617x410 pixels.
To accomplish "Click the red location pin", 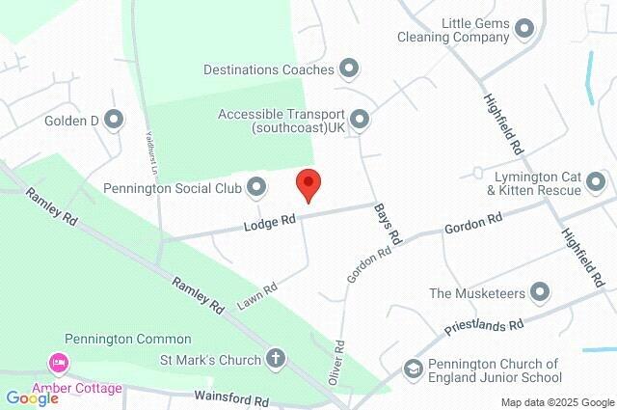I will coord(308,183).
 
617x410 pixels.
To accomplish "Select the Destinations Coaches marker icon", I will coord(349,68).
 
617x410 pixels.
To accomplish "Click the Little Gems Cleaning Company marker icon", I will coord(524,28).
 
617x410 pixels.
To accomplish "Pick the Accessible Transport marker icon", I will coord(360,120).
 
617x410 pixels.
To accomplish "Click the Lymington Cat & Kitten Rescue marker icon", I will coord(596,182).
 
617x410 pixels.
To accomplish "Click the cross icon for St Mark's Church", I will coord(277,360).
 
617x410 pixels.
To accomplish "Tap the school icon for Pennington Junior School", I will coord(413,370).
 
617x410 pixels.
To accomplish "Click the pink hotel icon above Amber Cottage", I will coord(58,365).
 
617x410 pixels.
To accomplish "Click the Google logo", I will coord(31,397).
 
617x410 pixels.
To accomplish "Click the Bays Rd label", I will coord(389,221).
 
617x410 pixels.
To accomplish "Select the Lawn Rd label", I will coord(257,295).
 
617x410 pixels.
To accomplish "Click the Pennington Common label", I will coord(128,340).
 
